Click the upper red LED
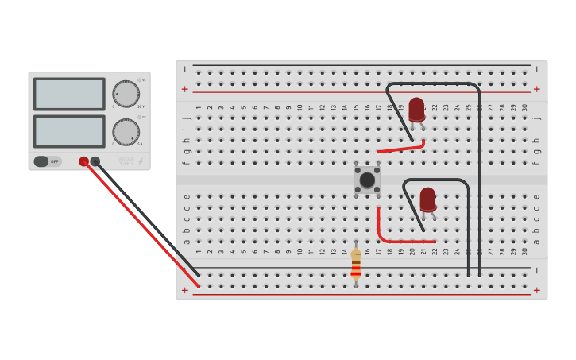(x=416, y=109)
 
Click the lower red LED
(x=427, y=199)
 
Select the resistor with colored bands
(x=356, y=264)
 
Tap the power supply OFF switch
(x=47, y=161)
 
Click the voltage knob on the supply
(x=126, y=94)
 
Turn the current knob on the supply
(x=126, y=132)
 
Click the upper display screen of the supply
(x=69, y=94)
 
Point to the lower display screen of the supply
(x=69, y=131)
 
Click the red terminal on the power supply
(x=83, y=161)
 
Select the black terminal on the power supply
(x=95, y=161)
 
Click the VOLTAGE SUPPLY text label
(x=126, y=161)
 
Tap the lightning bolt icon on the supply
(x=141, y=161)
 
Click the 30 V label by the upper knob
(x=141, y=106)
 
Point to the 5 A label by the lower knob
(x=141, y=144)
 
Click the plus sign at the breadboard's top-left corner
(x=185, y=89)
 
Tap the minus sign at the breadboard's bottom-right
(x=536, y=271)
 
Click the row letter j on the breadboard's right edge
(x=536, y=118)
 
